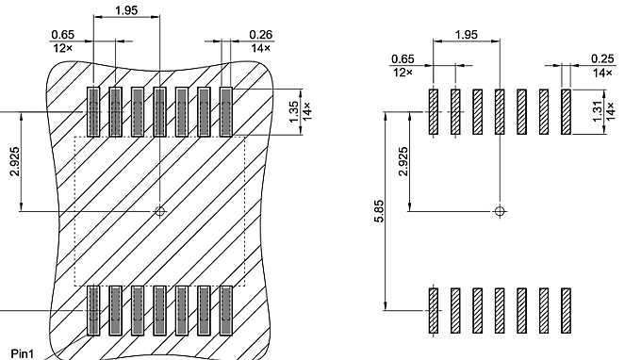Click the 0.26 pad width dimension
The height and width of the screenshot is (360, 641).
pyautogui.click(x=261, y=35)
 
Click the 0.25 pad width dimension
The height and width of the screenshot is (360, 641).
pyautogui.click(x=603, y=59)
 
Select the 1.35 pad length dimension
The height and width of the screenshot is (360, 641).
pyautogui.click(x=293, y=111)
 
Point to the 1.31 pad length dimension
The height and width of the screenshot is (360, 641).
pyautogui.click(x=596, y=111)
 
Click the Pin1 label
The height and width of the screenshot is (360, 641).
pyautogui.click(x=22, y=353)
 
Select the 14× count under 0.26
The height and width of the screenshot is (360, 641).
pyautogui.click(x=261, y=47)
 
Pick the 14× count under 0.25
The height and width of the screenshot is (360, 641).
pyautogui.click(x=603, y=73)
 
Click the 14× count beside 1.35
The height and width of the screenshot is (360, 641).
pyautogui.click(x=306, y=111)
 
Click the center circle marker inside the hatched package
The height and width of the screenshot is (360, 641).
pyautogui.click(x=159, y=211)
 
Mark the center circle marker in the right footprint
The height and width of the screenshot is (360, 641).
pyautogui.click(x=500, y=211)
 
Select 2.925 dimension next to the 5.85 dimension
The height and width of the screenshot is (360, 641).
pyautogui.click(x=403, y=162)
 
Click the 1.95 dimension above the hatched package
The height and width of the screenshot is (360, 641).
pyautogui.click(x=126, y=10)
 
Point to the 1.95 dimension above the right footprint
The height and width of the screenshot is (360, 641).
pyautogui.click(x=466, y=35)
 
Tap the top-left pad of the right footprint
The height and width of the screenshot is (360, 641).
pyautogui.click(x=433, y=112)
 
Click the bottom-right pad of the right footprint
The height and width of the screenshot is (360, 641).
pyautogui.click(x=566, y=310)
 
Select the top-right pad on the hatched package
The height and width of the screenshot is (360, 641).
pyautogui.click(x=226, y=110)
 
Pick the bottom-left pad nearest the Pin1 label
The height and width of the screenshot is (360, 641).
pyautogui.click(x=93, y=310)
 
